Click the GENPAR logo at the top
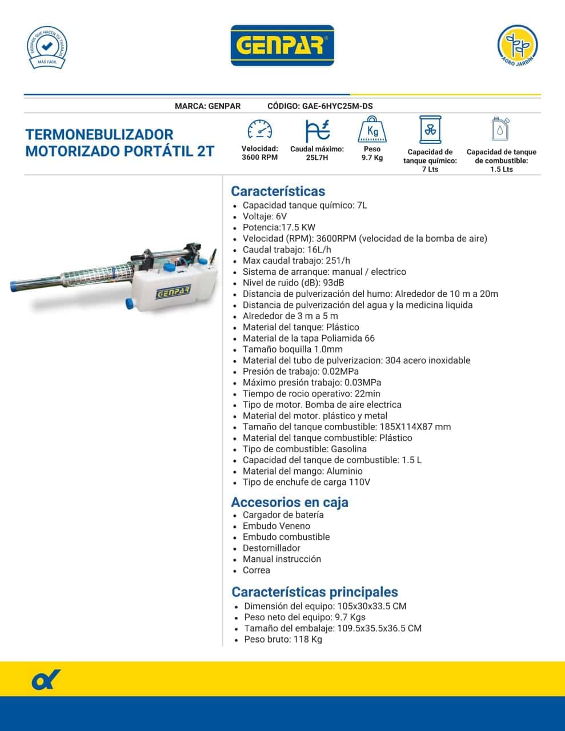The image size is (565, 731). (282, 46)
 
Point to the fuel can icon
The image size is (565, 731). (501, 130)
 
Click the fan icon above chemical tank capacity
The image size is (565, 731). (430, 131)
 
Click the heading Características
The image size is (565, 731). (278, 191)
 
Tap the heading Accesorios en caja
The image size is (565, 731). (289, 503)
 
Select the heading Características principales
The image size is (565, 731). (314, 592)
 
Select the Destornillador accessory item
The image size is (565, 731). (271, 548)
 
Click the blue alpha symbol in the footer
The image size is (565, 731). (46, 680)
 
